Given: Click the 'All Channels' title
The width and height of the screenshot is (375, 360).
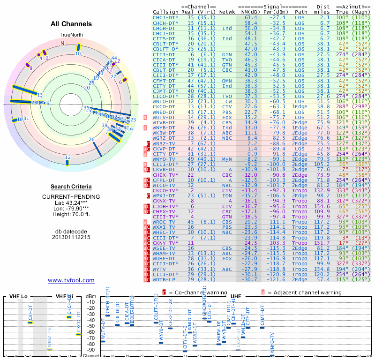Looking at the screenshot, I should tap(71, 24).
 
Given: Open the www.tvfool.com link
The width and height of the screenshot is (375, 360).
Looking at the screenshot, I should tap(71, 280).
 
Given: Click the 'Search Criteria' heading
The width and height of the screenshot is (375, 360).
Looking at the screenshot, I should tap(71, 187).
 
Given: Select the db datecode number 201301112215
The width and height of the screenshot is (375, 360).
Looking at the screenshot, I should tap(71, 237).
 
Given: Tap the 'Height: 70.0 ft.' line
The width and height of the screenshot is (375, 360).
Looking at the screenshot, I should tap(71, 215).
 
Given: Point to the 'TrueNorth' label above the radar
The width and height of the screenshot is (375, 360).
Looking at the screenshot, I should tap(71, 35).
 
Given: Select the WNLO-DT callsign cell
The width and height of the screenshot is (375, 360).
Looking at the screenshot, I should tap(166, 101).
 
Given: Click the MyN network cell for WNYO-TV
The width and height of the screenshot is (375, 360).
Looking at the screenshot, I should tap(227, 159).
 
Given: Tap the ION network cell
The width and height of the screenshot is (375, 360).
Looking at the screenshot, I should tap(227, 195).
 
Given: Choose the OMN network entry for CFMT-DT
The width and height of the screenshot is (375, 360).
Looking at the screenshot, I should tap(227, 80).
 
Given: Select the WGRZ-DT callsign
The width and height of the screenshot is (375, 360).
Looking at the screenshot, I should tap(166, 138).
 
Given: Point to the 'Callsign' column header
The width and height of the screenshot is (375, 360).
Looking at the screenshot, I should tap(166, 12).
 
